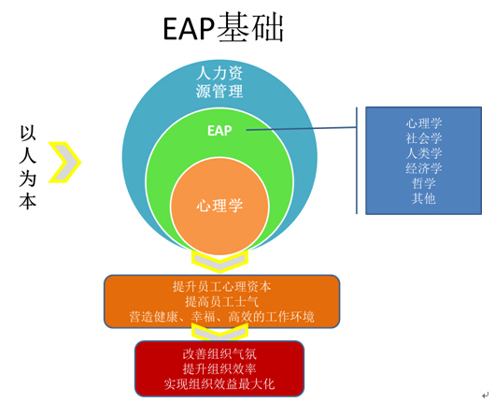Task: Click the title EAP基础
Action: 223,28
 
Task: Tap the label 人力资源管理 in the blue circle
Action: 219,82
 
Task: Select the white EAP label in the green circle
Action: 219,131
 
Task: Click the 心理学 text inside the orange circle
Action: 219,206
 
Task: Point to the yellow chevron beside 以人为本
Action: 64,163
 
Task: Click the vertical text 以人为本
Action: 28,167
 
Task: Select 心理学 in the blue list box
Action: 424,123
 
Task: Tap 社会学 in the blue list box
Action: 424,138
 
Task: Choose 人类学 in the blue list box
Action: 424,153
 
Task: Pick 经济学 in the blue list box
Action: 424,168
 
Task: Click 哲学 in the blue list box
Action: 424,183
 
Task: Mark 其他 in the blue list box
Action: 424,198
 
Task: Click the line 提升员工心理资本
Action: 222,287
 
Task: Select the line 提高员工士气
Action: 222,302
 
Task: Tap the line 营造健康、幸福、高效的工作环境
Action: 222,317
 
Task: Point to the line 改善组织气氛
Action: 219,354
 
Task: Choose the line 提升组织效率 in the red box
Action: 219,369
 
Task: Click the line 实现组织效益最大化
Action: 219,384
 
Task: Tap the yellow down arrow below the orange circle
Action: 219,261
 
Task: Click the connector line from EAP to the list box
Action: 302,129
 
